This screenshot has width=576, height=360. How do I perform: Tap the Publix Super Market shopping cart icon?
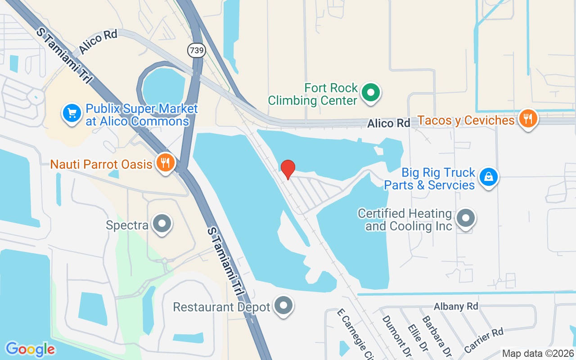click(x=72, y=114)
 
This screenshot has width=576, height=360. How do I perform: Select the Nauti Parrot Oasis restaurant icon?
click(x=166, y=163)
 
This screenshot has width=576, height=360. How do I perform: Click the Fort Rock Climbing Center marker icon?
click(x=371, y=93)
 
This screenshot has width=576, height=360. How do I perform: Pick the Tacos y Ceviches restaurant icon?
click(x=527, y=119)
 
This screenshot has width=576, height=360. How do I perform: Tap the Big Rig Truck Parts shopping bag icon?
click(x=488, y=177)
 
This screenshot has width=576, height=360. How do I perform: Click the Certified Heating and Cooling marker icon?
click(x=466, y=219)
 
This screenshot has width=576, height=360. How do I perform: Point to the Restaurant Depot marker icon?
click(x=283, y=306)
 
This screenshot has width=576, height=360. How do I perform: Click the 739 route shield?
click(x=197, y=50)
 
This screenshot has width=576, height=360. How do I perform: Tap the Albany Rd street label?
click(x=455, y=306)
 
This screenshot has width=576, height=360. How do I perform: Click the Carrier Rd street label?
click(x=483, y=340)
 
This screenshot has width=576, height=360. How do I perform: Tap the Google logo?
click(x=30, y=349)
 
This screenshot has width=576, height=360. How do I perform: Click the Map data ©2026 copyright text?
click(x=538, y=353)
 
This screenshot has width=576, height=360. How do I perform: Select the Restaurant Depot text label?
click(x=221, y=307)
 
